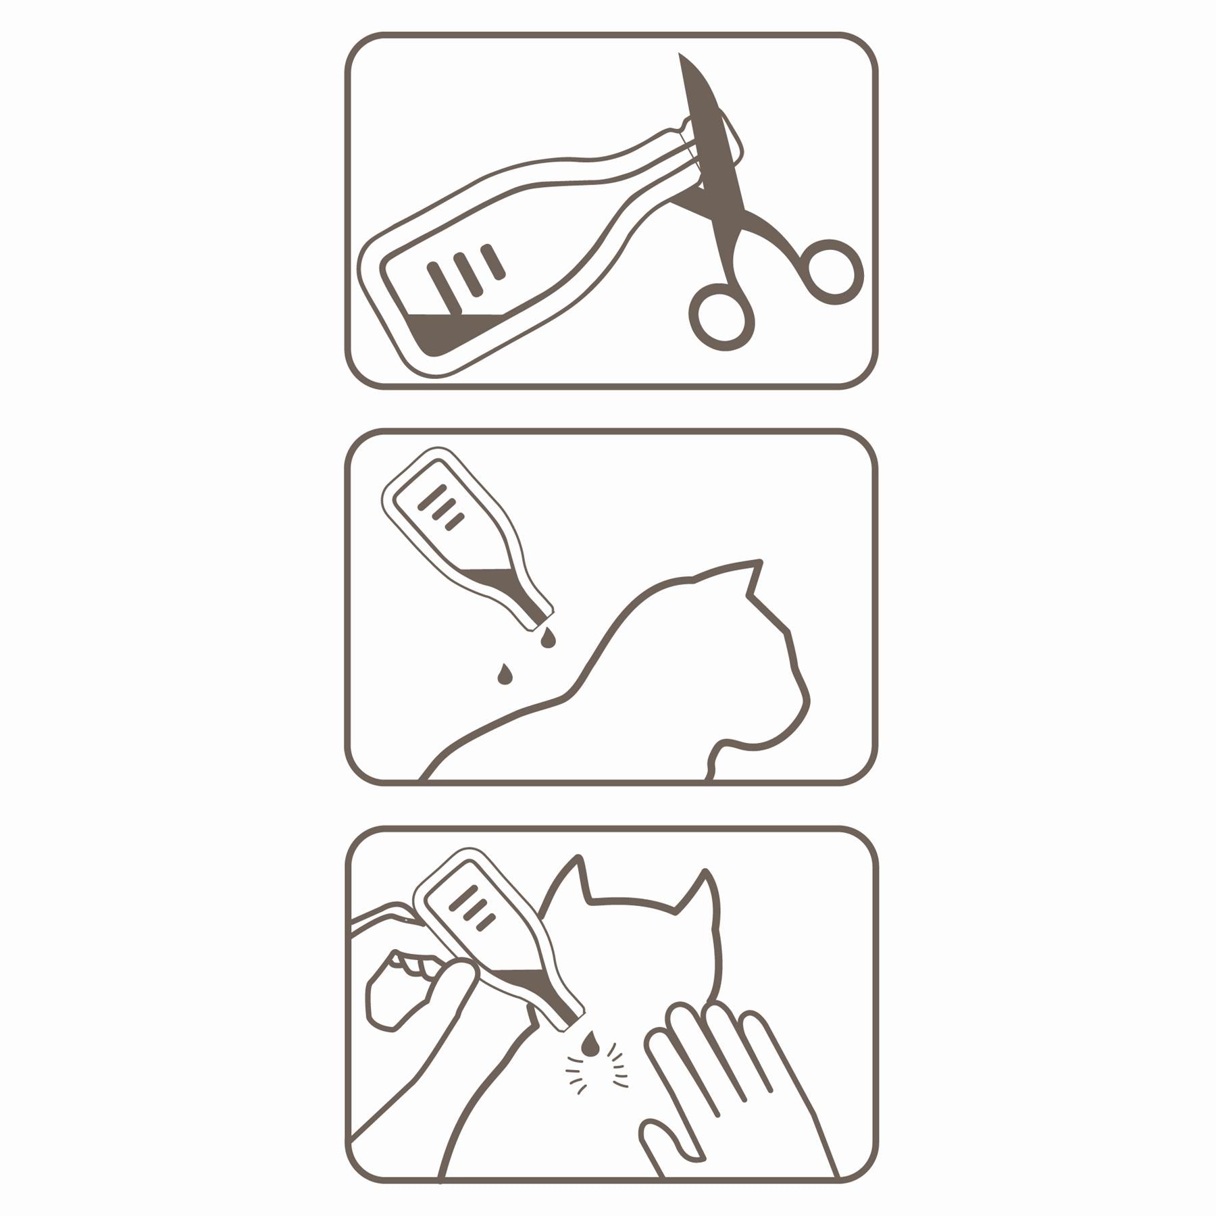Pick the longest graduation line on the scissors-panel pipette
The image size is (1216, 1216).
pos(444,288)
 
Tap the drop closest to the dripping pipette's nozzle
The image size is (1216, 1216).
pos(548,638)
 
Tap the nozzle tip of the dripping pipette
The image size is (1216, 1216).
pos(549,616)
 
